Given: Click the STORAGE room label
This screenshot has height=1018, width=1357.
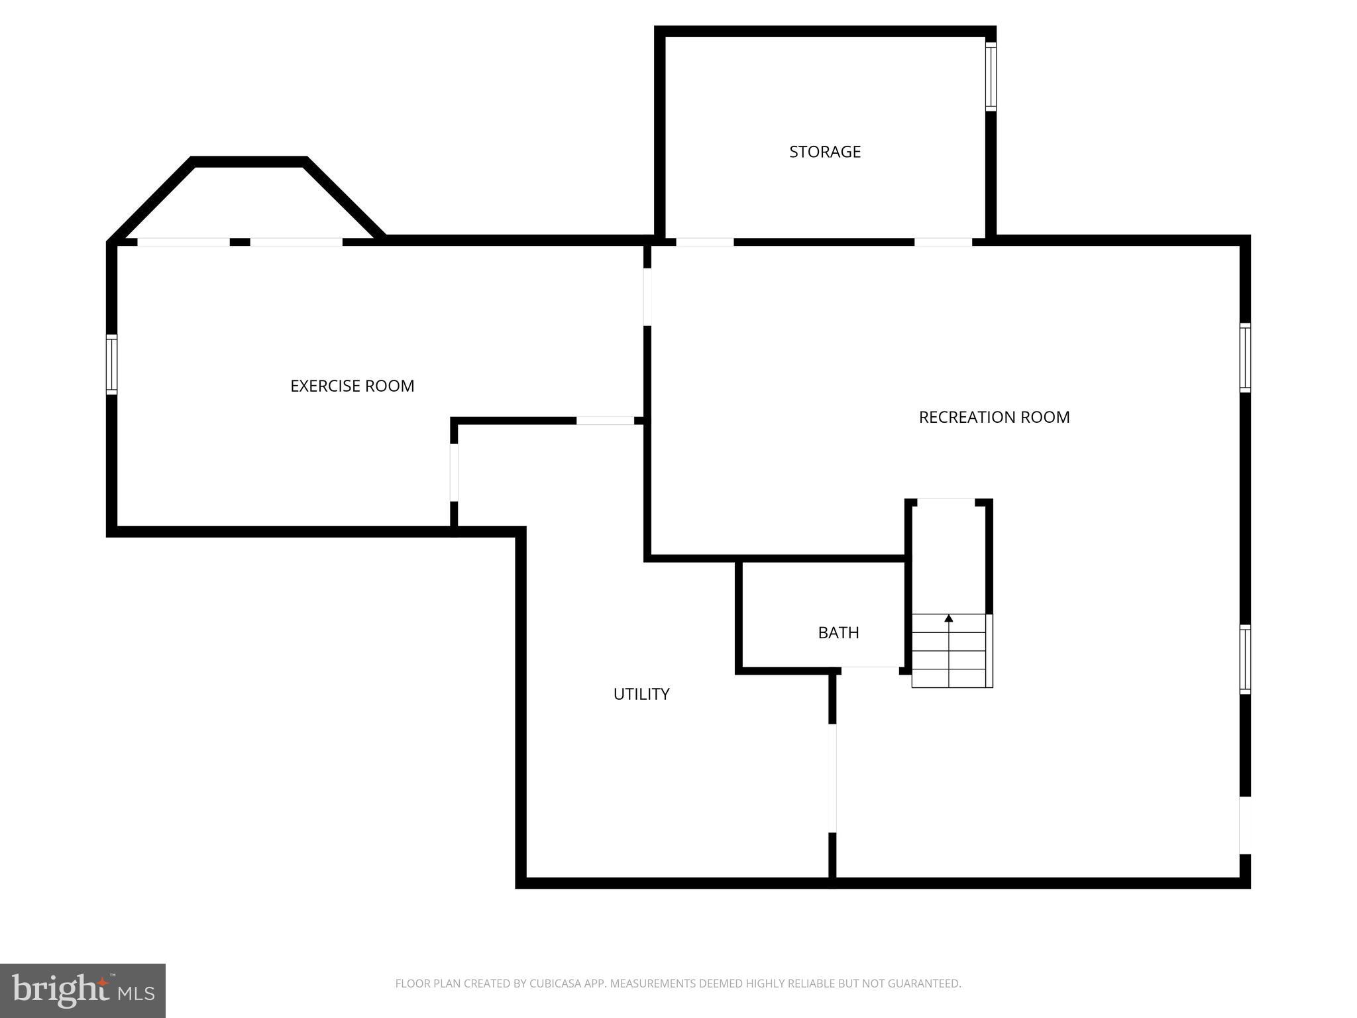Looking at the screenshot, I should coord(824,152).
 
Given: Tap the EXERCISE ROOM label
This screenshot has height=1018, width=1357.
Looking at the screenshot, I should coord(352,386).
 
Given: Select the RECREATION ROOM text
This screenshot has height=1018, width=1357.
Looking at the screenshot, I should coord(993,417).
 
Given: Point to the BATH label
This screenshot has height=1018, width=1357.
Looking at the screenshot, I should coord(838,633).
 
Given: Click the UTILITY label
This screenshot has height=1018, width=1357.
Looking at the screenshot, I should coord(641,694).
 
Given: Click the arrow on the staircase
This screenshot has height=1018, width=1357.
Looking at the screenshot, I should coord(948,618).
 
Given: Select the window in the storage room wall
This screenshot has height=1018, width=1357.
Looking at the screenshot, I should coord(990,76).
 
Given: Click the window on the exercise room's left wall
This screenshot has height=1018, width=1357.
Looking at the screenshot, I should coord(112,365).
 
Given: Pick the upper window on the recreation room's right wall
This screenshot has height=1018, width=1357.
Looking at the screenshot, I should coord(1245,358).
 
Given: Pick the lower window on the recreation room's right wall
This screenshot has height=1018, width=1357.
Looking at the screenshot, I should coord(1245,659).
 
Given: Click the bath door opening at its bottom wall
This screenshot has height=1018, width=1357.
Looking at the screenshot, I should coord(869,670).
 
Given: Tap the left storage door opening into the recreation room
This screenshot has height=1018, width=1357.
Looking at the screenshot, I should coord(704,242).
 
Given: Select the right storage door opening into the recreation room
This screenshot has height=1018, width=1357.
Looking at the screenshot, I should coord(943,242).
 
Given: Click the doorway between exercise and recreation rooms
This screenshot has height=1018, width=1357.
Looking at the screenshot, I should coord(647,297).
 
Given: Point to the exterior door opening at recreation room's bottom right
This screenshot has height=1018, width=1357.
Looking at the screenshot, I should coord(1244,825).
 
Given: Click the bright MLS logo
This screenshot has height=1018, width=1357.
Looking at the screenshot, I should coord(82,991).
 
